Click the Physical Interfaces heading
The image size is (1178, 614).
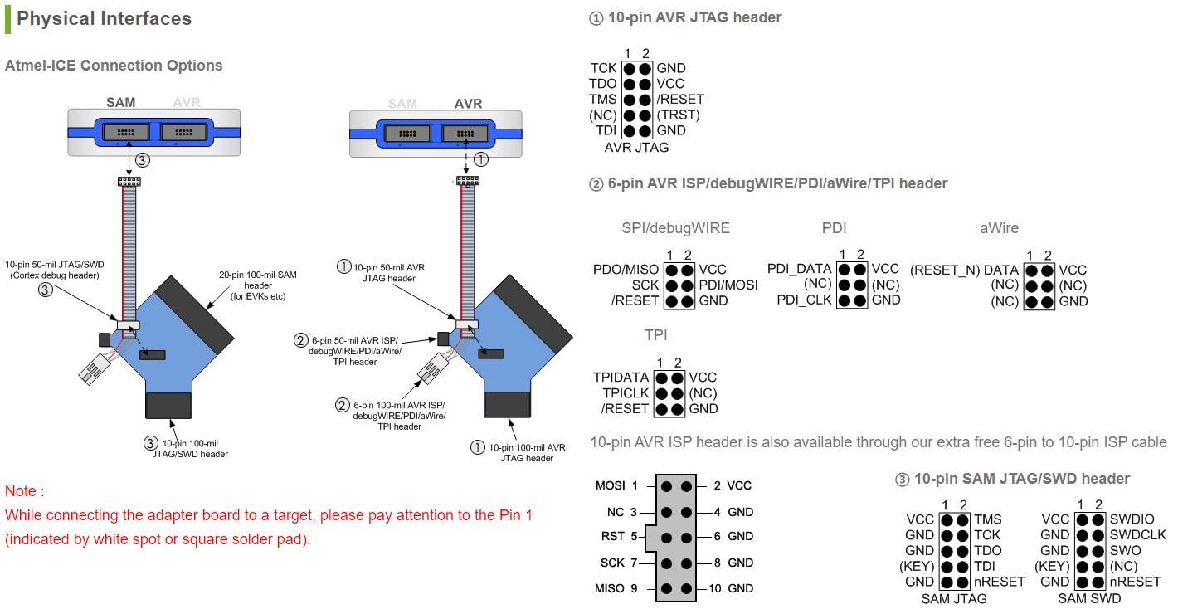point(104,19)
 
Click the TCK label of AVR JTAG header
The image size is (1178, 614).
point(603,69)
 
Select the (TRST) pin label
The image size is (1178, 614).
point(678,115)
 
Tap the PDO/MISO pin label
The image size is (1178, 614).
point(626,270)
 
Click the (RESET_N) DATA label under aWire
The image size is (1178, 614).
point(964,270)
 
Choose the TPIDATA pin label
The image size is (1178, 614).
point(621,378)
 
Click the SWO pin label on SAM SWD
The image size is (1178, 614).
point(1125,550)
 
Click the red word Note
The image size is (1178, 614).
point(24,491)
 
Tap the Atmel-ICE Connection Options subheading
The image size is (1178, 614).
point(114,66)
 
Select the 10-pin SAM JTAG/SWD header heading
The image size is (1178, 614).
point(1021,479)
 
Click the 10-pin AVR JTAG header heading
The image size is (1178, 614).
point(694,17)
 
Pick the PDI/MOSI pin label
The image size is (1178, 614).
point(728,285)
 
